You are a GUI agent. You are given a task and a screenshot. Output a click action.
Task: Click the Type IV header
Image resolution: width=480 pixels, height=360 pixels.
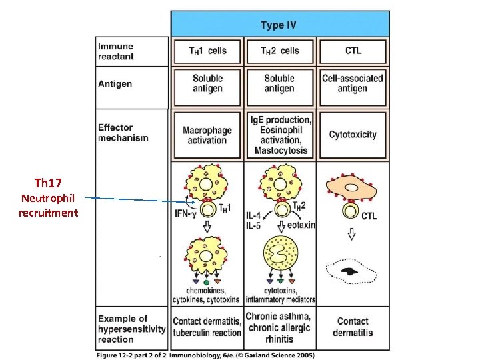(x=279, y=25)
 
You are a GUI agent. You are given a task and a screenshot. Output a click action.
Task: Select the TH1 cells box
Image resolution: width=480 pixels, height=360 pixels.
(x=207, y=51)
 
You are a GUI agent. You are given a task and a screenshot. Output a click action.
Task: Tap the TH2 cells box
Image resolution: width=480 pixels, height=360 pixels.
(x=279, y=51)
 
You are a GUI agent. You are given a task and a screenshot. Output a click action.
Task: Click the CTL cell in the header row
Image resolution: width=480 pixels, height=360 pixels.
(x=352, y=51)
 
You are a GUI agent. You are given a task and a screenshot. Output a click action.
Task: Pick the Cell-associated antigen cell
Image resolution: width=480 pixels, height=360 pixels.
(x=352, y=83)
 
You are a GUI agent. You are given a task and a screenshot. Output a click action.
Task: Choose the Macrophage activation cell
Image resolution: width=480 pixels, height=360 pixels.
(x=207, y=135)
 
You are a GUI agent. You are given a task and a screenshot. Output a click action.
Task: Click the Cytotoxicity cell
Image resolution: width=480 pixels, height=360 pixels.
(x=352, y=135)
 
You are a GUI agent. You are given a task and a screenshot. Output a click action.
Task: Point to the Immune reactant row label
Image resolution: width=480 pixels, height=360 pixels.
(x=116, y=51)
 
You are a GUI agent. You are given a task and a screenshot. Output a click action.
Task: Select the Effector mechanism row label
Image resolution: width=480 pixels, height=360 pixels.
(x=123, y=133)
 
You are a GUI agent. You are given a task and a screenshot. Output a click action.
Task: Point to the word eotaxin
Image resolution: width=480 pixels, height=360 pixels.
(x=301, y=225)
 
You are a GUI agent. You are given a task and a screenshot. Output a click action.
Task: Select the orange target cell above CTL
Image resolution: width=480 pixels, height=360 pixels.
(x=352, y=189)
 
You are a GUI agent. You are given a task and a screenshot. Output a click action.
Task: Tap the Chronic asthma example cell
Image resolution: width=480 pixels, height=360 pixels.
(x=279, y=326)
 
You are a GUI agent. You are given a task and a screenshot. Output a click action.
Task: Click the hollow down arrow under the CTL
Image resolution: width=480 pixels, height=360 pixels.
(x=351, y=235)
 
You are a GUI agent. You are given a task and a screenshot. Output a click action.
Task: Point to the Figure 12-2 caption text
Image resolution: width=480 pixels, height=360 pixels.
(x=205, y=355)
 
